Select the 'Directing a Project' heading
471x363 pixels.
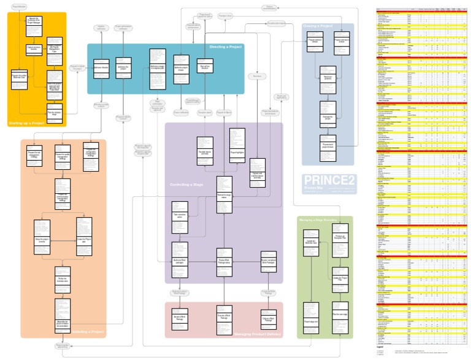click(x=225, y=47)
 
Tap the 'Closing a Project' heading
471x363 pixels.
click(x=318, y=26)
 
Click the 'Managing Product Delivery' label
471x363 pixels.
click(x=257, y=334)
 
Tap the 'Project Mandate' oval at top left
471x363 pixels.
click(x=19, y=6)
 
